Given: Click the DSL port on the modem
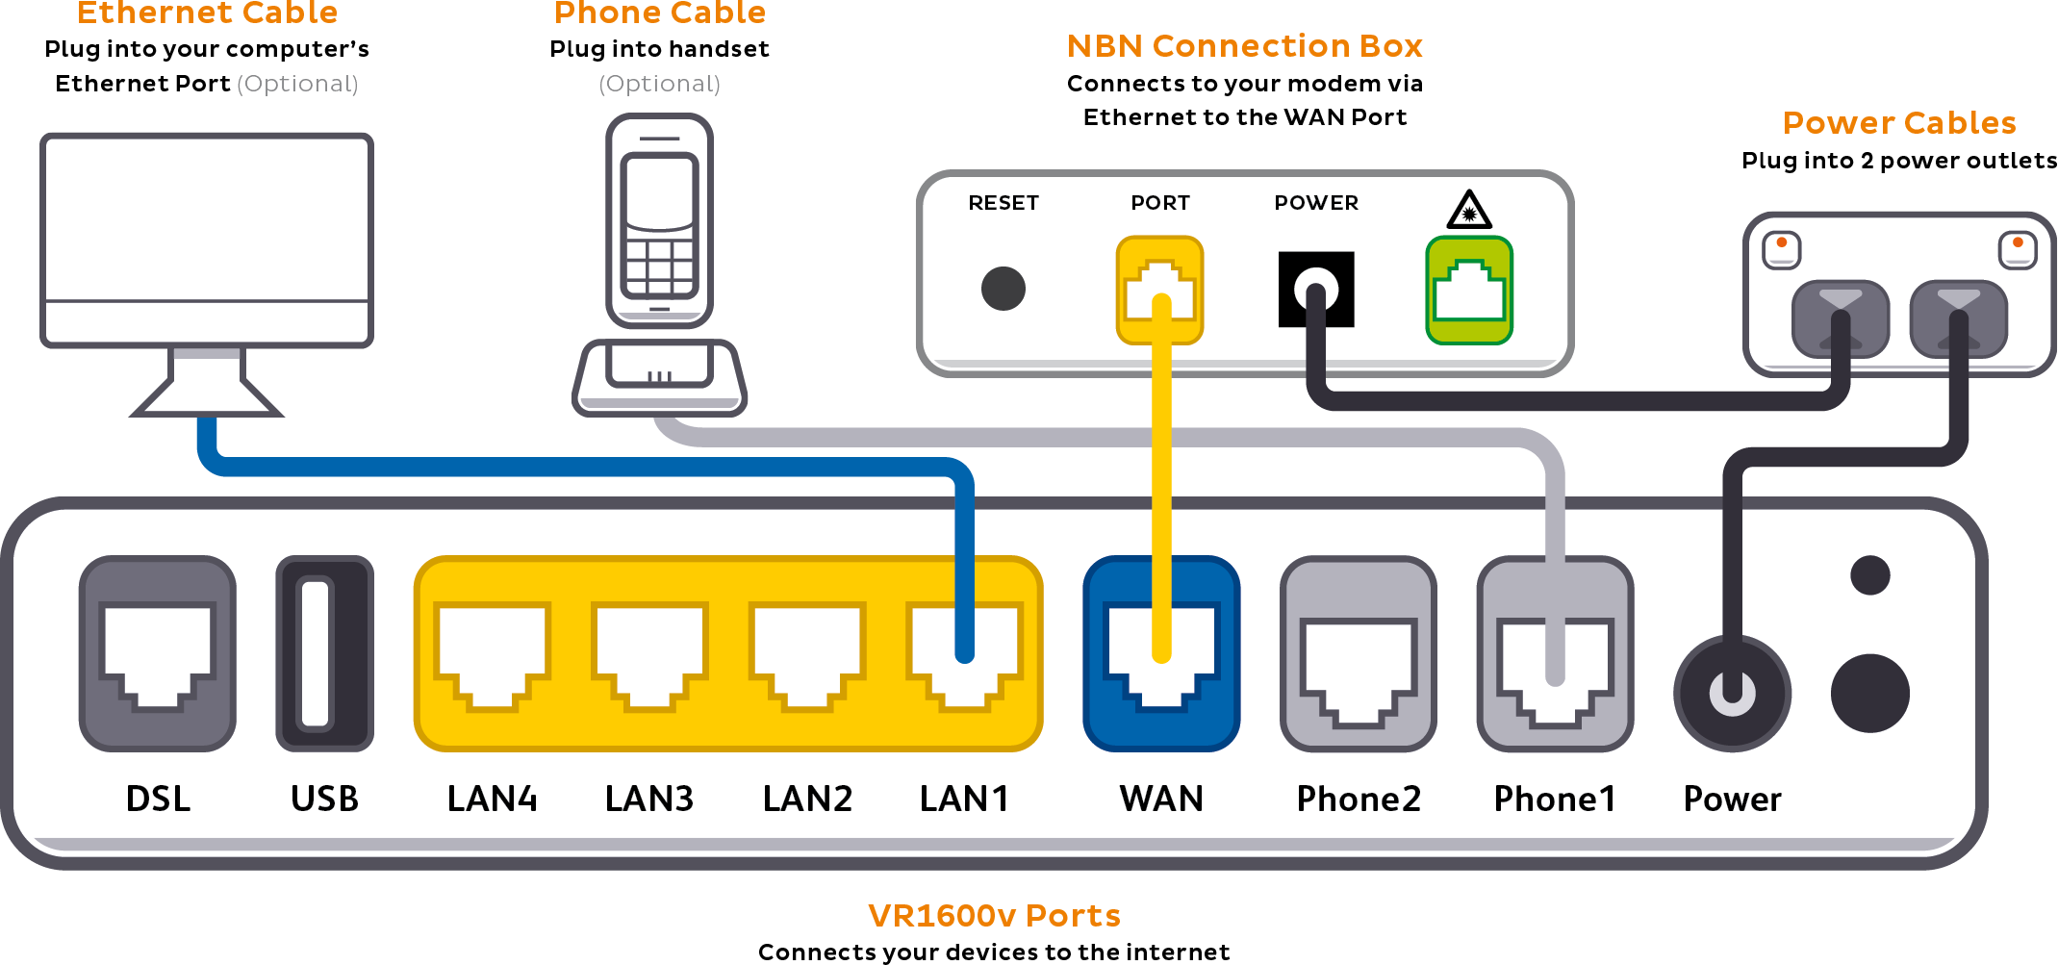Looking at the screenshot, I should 158,654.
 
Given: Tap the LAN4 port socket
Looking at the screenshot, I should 492,654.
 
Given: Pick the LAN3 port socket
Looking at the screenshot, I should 649,654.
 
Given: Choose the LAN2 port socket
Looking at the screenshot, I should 807,654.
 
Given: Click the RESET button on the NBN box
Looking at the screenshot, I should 1003,289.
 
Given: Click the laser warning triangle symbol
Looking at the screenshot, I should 1468,210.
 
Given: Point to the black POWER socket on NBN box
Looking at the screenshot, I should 1315,289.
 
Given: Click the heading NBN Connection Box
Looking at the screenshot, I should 1244,46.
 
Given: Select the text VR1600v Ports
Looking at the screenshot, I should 994,915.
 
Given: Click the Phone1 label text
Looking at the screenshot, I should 1554,799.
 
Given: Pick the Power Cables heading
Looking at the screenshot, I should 1898,123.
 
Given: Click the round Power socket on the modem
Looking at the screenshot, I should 1732,693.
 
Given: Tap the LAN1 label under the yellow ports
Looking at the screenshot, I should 964,799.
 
